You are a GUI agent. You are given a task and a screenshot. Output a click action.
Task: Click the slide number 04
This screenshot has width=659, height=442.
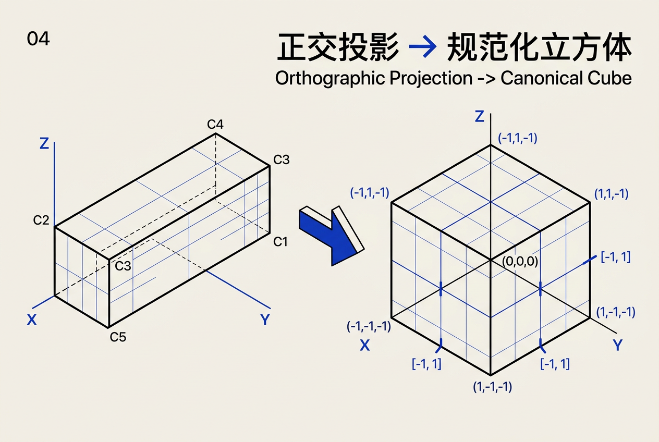(38, 39)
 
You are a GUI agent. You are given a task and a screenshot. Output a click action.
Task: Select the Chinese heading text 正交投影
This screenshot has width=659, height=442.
(338, 47)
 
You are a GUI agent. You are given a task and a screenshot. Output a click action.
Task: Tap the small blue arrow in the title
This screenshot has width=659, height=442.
(423, 46)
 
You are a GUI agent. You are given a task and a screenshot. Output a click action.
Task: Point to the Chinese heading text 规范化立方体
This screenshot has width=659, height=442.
(539, 47)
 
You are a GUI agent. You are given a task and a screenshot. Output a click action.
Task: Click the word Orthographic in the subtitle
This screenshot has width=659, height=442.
(329, 79)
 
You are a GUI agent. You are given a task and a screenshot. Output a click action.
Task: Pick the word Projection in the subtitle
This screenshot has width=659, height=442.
(431, 79)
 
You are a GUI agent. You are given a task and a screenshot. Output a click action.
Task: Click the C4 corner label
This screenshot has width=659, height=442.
(215, 125)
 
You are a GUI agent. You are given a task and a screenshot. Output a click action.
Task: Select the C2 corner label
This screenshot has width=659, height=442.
(41, 220)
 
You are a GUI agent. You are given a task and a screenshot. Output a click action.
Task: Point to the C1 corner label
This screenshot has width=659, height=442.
(280, 242)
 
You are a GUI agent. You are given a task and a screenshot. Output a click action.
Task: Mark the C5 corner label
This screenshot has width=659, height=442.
(118, 337)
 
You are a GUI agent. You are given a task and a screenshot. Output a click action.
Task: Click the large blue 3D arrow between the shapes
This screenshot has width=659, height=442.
(333, 235)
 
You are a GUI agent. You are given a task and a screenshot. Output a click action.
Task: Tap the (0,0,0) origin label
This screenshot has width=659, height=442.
(520, 261)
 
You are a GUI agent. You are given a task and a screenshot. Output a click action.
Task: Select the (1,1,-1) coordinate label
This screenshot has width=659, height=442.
(612, 194)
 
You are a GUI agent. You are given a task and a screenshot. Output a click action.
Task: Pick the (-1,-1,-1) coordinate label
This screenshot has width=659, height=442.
(369, 326)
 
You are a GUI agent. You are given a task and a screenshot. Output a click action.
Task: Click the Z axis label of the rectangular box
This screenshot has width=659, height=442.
(44, 143)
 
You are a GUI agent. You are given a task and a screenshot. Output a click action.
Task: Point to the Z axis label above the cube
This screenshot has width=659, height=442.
(480, 116)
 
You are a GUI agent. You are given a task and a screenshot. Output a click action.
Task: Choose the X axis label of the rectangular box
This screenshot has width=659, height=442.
(32, 320)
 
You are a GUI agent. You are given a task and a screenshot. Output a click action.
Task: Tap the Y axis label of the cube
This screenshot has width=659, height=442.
(618, 345)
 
